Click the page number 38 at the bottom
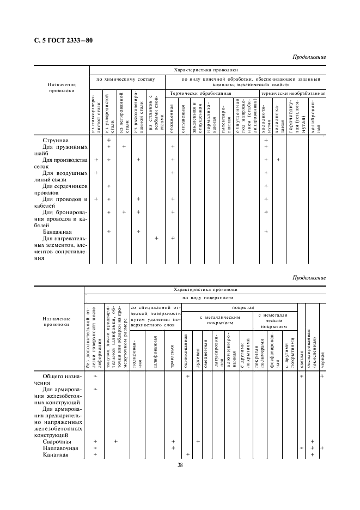180,465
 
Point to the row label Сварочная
56,441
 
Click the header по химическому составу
126,79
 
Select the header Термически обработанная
200,94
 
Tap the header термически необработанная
293,94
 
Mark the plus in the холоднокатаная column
278,160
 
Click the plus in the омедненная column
198,441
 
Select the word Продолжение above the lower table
309,278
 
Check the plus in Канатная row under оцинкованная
187,454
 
